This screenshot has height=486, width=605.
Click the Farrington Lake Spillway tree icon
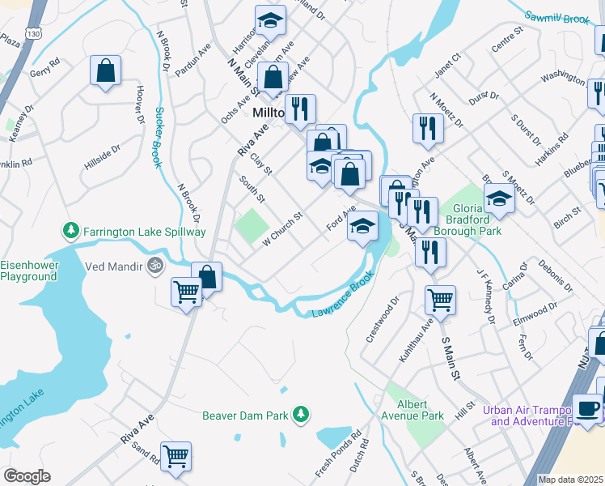(x=72, y=232)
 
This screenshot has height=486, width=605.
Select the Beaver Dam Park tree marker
(x=300, y=415)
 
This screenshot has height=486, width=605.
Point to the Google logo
(x=27, y=476)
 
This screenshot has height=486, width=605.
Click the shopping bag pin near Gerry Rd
(x=105, y=71)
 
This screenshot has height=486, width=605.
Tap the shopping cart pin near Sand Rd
(x=176, y=456)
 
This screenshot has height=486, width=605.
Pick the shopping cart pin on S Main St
(x=440, y=300)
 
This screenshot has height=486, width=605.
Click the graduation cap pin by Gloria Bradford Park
(x=499, y=199)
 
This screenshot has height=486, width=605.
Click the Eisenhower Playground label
(x=28, y=271)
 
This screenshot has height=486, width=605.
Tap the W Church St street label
(x=277, y=232)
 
